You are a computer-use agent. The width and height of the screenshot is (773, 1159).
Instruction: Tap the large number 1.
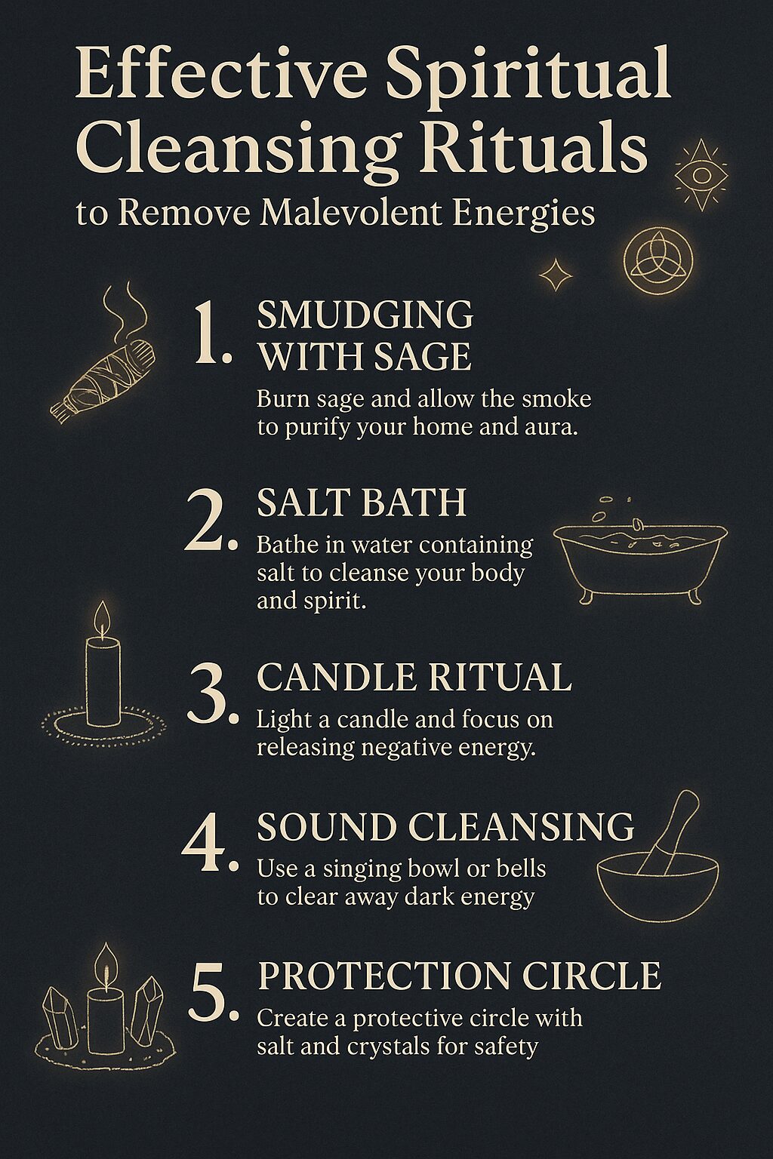(x=211, y=334)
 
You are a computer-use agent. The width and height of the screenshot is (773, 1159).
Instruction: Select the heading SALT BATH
(x=362, y=503)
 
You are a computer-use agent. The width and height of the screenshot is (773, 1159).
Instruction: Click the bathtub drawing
(x=640, y=555)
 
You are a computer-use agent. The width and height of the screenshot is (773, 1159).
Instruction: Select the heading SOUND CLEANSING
(x=445, y=827)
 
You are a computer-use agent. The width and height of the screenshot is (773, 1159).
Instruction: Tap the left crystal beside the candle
(x=61, y=1013)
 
